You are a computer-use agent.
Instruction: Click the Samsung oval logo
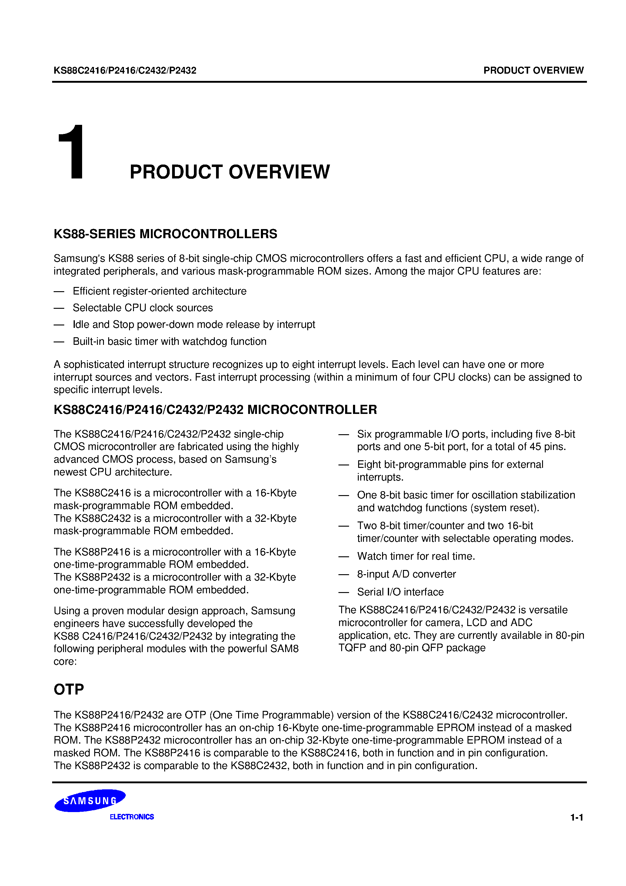90,800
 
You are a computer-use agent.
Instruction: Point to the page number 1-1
577,817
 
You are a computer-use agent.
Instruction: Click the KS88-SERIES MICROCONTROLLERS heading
165,234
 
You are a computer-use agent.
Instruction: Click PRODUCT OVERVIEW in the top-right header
533,70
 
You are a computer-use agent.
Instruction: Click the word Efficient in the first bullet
91,291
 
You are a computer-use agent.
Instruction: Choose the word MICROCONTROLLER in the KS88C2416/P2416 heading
312,410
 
